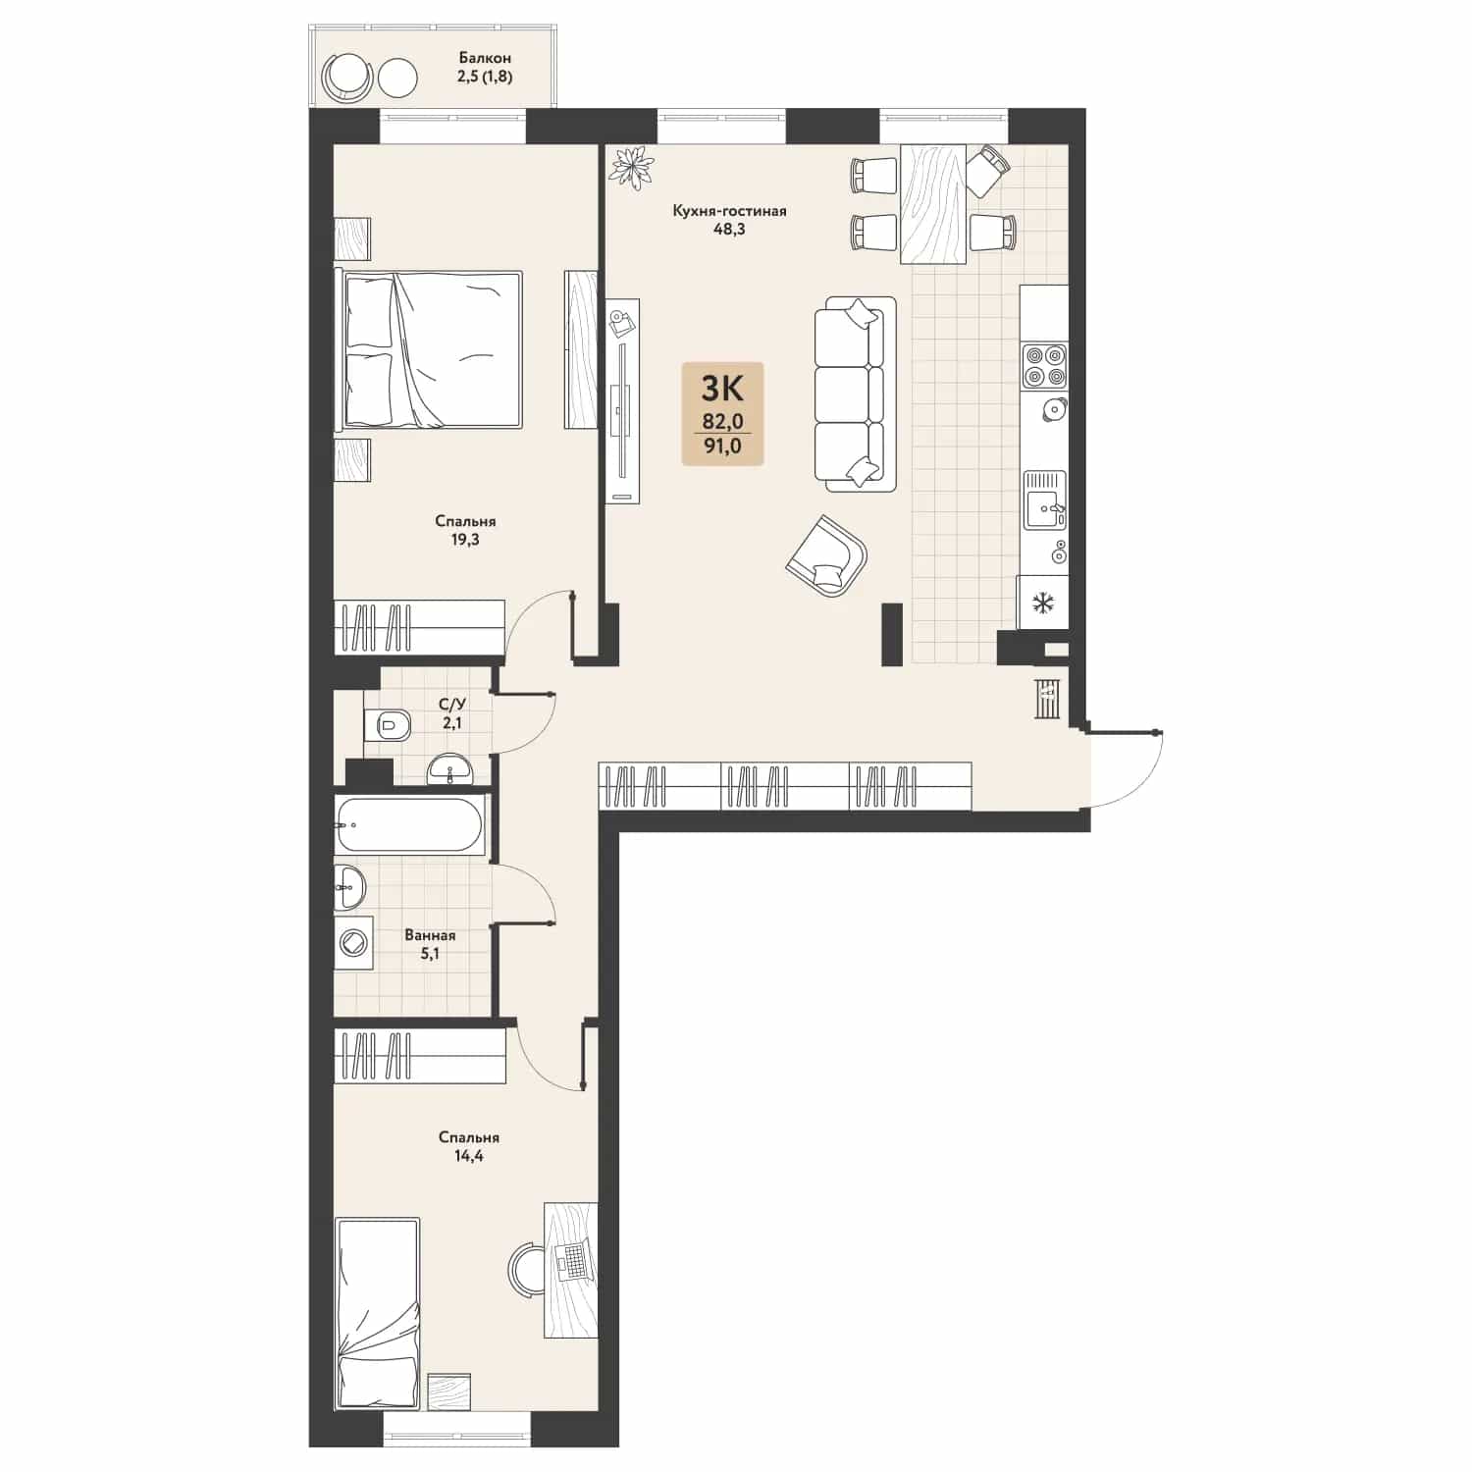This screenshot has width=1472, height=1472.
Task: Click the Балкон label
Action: click(x=485, y=58)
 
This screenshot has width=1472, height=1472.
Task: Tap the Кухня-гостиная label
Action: click(x=729, y=211)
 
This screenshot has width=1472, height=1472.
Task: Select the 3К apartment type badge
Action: click(x=722, y=413)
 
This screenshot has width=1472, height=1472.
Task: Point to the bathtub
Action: click(x=409, y=825)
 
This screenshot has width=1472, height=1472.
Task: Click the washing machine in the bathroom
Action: click(x=353, y=943)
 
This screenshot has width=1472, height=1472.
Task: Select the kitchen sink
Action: click(x=1044, y=500)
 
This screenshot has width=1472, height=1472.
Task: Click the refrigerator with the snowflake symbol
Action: click(x=1042, y=602)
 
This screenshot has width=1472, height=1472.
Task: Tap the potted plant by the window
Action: click(x=631, y=166)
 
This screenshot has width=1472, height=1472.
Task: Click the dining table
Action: click(x=932, y=204)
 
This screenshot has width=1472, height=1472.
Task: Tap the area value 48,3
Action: click(x=729, y=230)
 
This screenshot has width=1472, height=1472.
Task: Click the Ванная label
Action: click(x=430, y=935)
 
